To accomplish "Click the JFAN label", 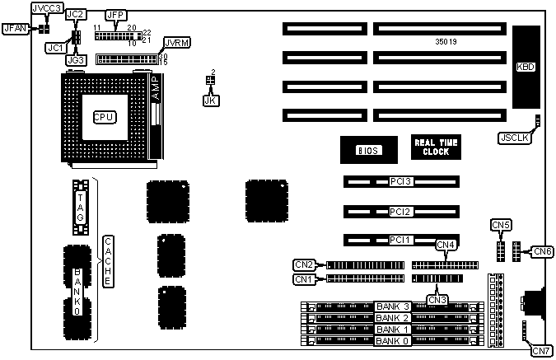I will pos(16,28).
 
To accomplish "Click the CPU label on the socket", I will pos(105,116).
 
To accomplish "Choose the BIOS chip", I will pos(366,150).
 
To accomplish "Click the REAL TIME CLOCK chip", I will pos(437,147).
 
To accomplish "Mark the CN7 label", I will pos(541,351).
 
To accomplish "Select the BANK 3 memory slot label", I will pos(393,306).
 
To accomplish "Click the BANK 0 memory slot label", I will pos(393,340).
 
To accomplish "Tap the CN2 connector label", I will pos(304,264).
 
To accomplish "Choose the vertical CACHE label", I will pos(107,261).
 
